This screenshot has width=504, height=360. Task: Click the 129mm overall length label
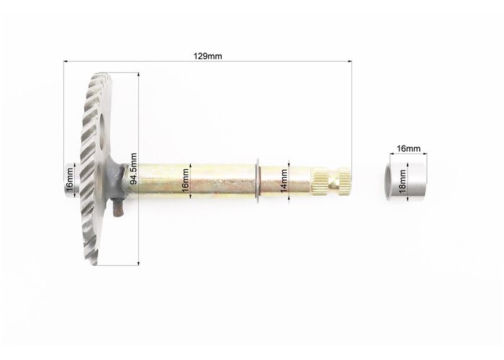pos(207,56)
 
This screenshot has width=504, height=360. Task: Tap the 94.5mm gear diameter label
pos(133,168)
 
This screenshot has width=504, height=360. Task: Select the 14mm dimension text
pos(284,181)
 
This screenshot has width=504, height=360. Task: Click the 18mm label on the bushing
pos(402,181)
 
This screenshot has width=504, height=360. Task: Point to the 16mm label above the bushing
pos(408,148)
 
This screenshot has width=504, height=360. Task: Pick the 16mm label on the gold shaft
pos(186,181)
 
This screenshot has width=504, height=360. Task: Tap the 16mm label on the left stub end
pos(70,180)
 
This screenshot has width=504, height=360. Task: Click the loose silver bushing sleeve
pos(406,182)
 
